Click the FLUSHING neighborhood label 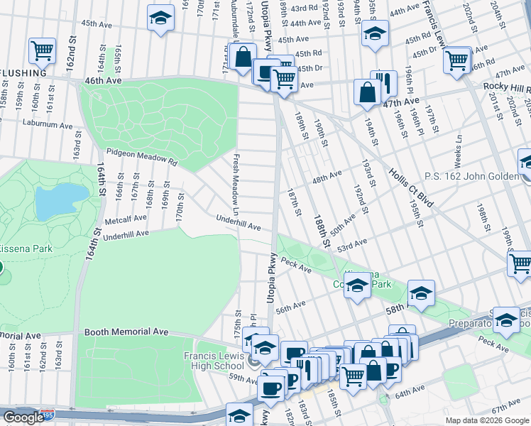(23, 72)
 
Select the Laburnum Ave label (47, 124)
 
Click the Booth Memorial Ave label (126, 332)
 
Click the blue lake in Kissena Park (62, 201)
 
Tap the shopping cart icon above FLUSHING (42, 50)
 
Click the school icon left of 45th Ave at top (161, 17)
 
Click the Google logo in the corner (23, 417)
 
